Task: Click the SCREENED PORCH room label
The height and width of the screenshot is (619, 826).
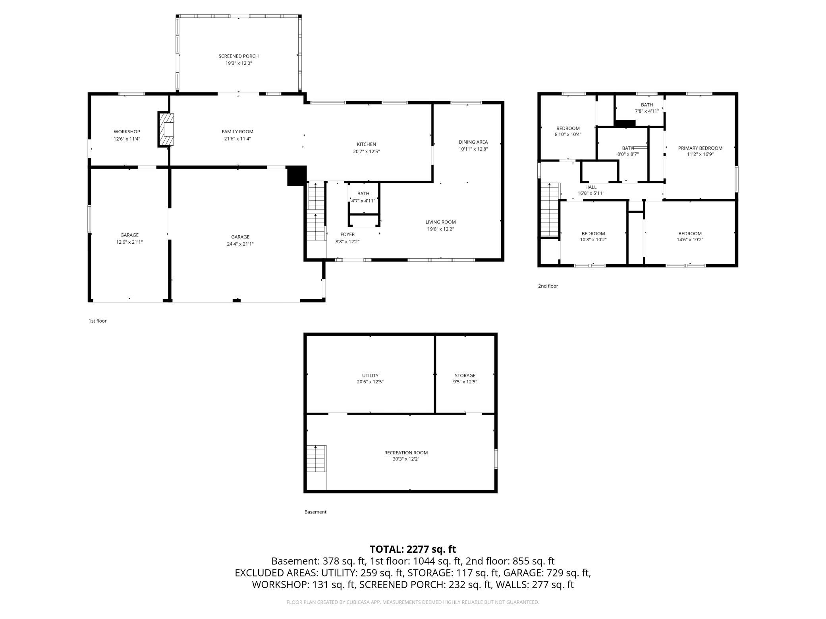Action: (239, 56)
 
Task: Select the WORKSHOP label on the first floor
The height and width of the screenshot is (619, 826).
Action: (127, 132)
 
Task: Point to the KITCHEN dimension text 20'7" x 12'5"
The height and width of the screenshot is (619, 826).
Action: (366, 152)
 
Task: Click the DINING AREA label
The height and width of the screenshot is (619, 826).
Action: (473, 142)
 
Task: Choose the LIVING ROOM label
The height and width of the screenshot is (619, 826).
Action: (441, 222)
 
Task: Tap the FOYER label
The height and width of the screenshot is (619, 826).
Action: (347, 235)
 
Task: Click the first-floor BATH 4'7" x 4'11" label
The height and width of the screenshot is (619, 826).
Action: (363, 197)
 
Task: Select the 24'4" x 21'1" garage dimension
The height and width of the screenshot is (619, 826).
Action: (240, 244)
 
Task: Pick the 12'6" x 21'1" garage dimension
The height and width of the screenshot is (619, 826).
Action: (129, 242)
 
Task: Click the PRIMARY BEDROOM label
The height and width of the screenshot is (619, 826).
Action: (700, 148)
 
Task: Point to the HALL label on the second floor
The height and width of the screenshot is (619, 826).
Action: (591, 187)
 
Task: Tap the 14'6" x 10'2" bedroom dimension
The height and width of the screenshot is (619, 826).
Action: (690, 240)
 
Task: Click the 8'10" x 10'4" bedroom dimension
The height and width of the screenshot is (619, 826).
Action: (568, 135)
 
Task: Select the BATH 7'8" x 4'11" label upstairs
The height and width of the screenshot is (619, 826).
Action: (647, 108)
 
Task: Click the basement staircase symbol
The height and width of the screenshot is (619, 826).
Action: (316, 458)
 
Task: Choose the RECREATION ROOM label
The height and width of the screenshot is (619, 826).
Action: (406, 453)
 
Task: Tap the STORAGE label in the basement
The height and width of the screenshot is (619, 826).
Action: (465, 375)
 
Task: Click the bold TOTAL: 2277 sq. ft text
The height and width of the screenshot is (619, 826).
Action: (413, 549)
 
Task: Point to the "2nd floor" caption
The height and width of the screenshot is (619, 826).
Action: (548, 286)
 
